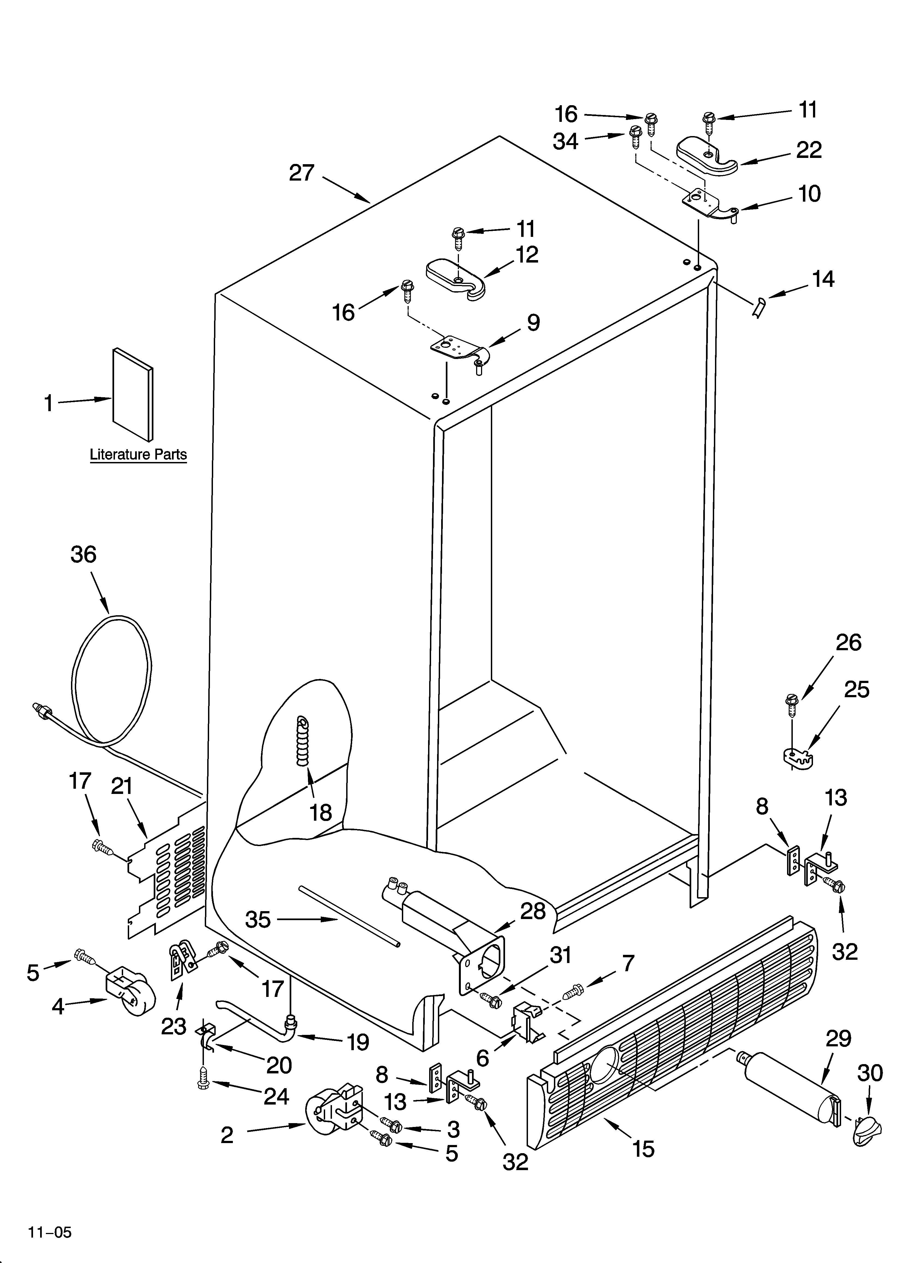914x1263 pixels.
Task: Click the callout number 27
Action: pyautogui.click(x=302, y=173)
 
